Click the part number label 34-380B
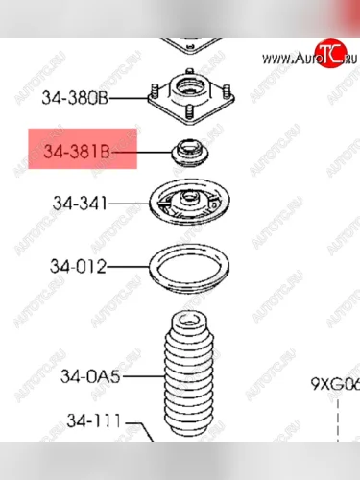tap(75, 97)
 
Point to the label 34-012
tap(79, 266)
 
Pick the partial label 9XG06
tap(334, 385)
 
